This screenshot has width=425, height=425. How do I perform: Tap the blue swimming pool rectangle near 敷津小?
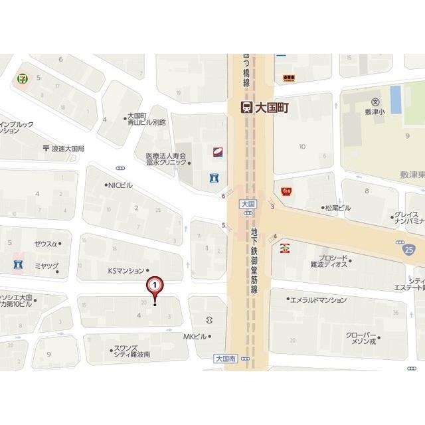(x=396, y=99)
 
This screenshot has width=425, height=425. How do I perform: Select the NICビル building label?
(x=120, y=185)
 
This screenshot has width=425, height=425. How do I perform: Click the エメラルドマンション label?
(x=321, y=299)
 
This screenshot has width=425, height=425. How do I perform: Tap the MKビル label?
(x=195, y=337)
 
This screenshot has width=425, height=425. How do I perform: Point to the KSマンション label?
(x=126, y=270)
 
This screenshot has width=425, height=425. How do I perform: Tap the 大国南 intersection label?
(x=226, y=357)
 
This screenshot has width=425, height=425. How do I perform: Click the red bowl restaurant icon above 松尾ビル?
(x=287, y=191)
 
